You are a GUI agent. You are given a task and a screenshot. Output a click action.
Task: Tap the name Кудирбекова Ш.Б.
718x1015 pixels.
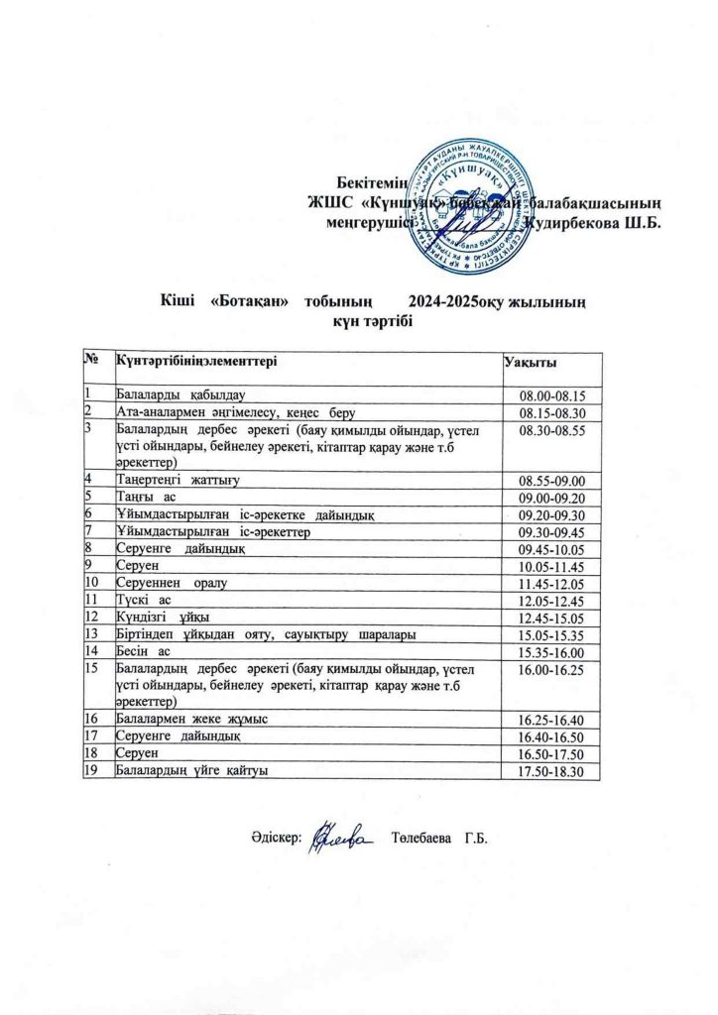(x=597, y=223)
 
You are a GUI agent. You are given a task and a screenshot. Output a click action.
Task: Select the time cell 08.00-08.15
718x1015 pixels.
(x=560, y=395)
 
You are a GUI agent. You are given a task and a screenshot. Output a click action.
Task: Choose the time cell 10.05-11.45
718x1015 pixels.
(x=560, y=565)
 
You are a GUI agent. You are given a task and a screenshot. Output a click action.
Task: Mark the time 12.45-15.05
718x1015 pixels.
(x=560, y=617)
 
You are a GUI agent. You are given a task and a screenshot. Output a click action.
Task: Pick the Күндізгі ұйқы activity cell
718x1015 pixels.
(x=158, y=617)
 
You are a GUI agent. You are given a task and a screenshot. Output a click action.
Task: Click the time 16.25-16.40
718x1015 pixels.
(x=560, y=719)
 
